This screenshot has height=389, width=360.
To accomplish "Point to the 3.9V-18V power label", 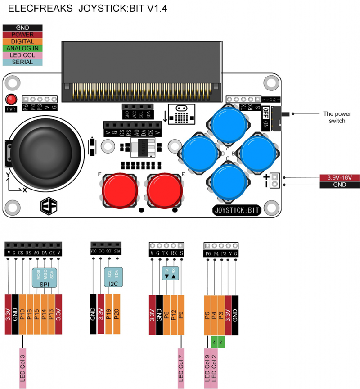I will [x=339, y=177].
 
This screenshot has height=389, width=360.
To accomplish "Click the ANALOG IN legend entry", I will [x=22, y=48].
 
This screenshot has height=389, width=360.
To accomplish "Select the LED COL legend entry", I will [x=22, y=55].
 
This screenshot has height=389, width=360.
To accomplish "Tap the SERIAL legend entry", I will [x=22, y=62].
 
